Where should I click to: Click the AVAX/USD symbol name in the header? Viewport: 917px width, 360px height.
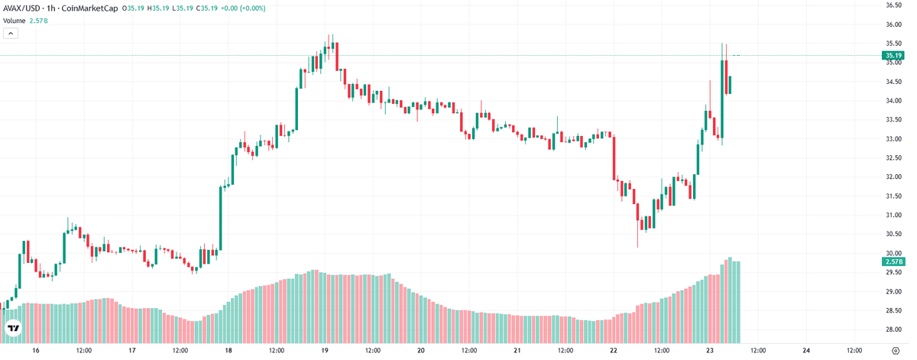(x=21, y=8)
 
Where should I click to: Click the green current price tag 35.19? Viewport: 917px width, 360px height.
(x=893, y=55)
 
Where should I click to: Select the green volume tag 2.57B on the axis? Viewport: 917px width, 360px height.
(x=893, y=261)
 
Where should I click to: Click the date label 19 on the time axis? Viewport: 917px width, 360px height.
(x=325, y=351)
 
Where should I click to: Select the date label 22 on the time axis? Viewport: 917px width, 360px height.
(x=614, y=351)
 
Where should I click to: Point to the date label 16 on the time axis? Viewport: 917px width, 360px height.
(x=35, y=351)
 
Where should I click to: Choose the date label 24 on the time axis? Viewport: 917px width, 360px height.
(x=807, y=351)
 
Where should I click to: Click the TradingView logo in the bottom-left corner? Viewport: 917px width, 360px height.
(x=14, y=329)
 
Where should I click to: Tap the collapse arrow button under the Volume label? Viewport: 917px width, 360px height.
(x=11, y=33)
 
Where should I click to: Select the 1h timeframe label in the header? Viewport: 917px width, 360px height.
(x=52, y=8)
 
